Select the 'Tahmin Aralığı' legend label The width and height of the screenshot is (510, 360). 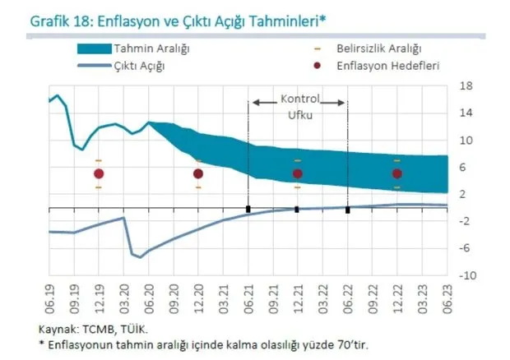tap(153, 49)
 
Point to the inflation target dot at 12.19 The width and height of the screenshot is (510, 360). tap(99, 173)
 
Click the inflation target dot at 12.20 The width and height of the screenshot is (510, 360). tap(198, 173)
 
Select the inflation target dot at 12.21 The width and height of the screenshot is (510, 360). tap(298, 173)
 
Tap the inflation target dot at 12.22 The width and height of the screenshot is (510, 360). tap(397, 173)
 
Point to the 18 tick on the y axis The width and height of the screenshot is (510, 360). tap(465, 85)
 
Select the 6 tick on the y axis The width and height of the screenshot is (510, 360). tap(465, 167)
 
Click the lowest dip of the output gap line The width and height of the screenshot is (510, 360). tap(139, 257)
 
